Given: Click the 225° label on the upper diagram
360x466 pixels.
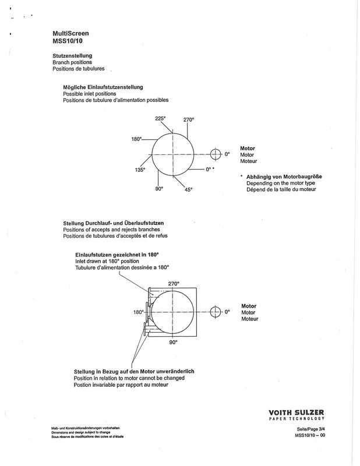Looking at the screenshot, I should (160, 118).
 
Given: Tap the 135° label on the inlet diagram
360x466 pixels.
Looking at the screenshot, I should (140, 170).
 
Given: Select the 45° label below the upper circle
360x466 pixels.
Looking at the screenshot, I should (188, 190).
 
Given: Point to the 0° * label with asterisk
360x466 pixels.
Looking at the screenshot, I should (210, 169).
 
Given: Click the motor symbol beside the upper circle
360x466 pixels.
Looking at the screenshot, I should (216, 154).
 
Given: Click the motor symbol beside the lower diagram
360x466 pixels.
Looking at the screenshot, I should (216, 312).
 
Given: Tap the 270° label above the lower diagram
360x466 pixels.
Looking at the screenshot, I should (174, 284).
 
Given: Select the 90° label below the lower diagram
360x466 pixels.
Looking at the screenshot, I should (174, 343).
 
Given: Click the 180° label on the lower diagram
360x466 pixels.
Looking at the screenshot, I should (139, 312).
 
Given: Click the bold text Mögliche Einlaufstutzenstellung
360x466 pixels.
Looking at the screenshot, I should (103, 87).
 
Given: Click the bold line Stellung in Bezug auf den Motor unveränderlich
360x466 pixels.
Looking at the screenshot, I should (134, 372).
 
